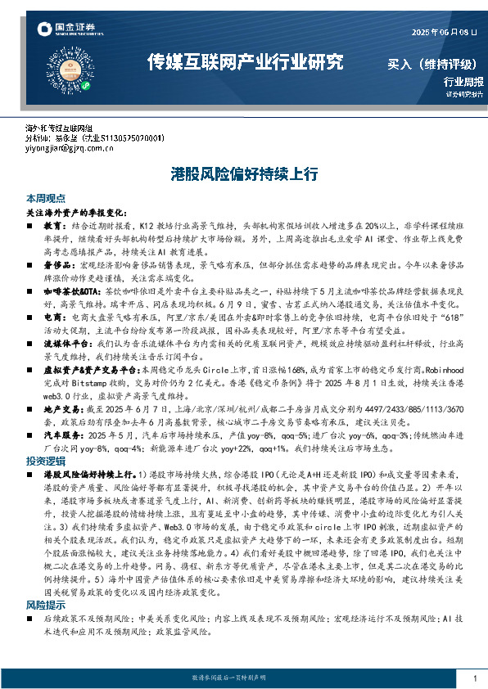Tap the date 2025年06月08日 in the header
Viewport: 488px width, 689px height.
[x=442, y=33]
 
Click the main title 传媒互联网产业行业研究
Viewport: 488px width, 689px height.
[x=244, y=61]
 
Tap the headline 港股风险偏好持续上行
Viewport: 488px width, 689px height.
[x=244, y=174]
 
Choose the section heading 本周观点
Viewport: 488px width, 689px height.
[x=43, y=198]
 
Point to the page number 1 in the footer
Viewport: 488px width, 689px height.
[x=475, y=679]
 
